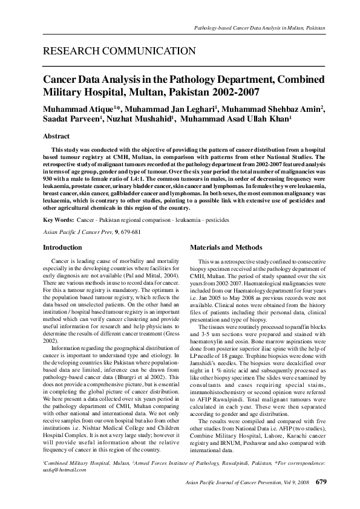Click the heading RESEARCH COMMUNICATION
pos(119,51)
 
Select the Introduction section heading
pos(62,247)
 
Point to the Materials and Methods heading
pos(226,247)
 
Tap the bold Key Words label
pos(59,221)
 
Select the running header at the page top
pos(259,28)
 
